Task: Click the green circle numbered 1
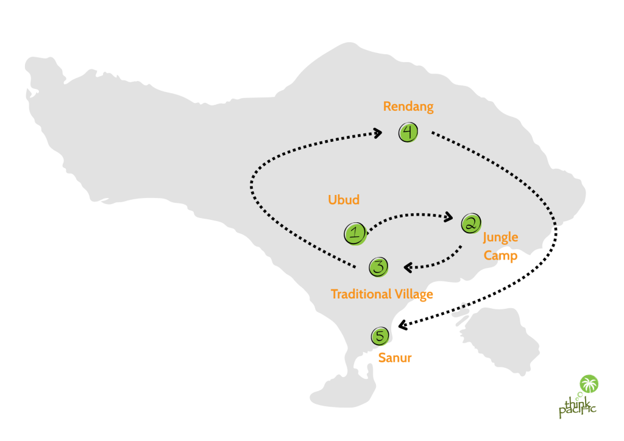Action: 355,233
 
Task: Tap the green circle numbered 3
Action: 378,266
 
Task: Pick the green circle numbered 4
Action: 408,132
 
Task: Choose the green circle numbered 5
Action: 380,336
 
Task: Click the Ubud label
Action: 344,200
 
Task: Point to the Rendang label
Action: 408,107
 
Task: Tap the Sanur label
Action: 395,358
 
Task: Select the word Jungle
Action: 500,238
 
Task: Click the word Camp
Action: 500,255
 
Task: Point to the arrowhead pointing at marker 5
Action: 403,324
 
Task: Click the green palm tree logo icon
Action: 589,384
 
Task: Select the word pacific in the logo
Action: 576,412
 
